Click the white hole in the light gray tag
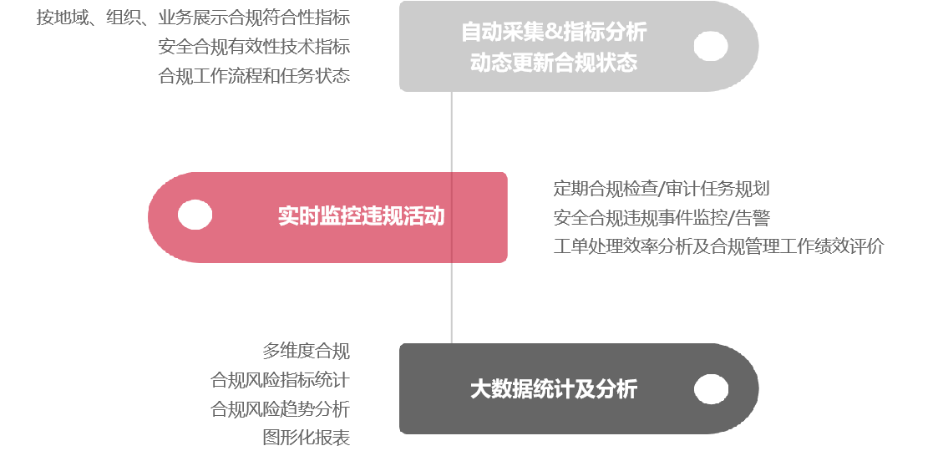click(711, 46)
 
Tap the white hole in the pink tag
click(195, 215)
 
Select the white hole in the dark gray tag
click(711, 389)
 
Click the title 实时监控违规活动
click(362, 216)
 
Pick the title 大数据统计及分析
click(553, 389)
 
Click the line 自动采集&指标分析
click(554, 32)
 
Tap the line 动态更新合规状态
click(553, 62)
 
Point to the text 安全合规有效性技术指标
click(254, 47)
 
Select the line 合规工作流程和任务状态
click(254, 76)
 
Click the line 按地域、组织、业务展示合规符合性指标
click(193, 18)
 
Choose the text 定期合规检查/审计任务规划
click(662, 189)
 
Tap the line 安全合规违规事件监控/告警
click(662, 218)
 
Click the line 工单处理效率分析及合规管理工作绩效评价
click(718, 247)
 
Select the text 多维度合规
click(307, 351)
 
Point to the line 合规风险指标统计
click(280, 380)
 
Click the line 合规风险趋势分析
click(280, 409)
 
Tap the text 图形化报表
click(307, 438)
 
